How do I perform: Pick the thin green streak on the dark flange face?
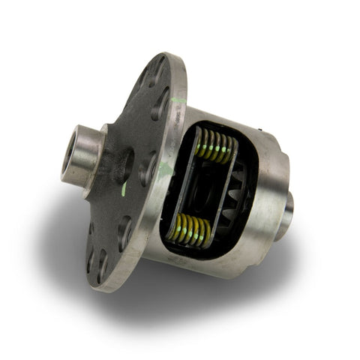(x=124, y=189)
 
